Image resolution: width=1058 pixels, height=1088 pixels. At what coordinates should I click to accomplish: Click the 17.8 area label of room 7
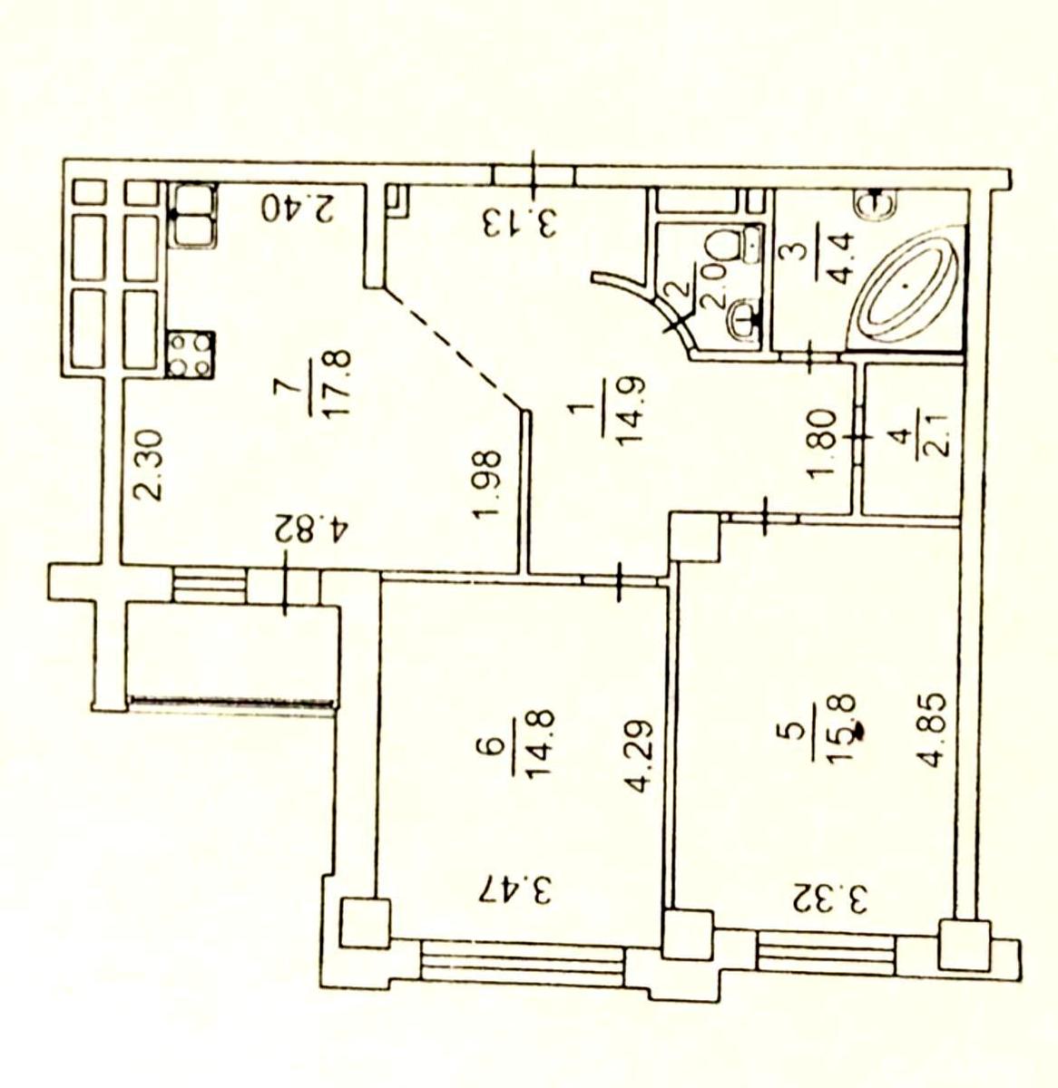coord(339,382)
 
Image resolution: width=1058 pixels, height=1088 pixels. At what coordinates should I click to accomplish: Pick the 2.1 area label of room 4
coord(936,443)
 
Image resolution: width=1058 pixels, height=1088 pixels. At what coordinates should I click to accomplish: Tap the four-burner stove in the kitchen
coord(191,354)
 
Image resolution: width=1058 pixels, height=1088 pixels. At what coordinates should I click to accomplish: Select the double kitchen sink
coord(192,215)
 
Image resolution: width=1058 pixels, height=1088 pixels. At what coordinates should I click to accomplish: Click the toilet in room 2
coord(734,244)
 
